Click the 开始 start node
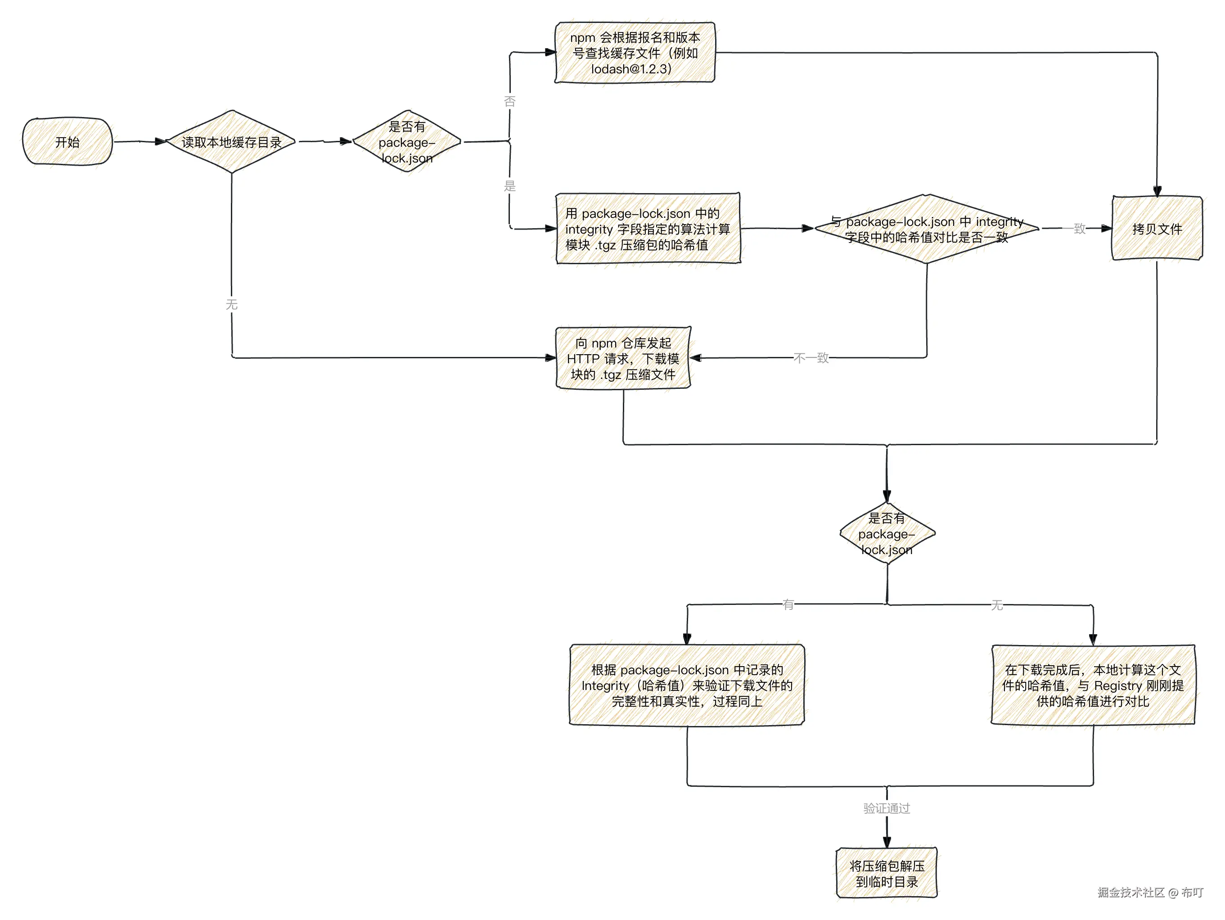(x=67, y=142)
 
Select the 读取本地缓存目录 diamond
(x=231, y=142)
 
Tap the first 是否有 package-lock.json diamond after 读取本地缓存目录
(x=407, y=142)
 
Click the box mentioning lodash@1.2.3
(x=635, y=53)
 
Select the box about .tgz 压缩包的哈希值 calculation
(x=648, y=229)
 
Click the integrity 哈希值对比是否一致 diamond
(x=927, y=229)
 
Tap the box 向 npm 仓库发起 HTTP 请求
(x=623, y=358)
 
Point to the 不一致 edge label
(x=811, y=358)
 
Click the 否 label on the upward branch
(x=509, y=101)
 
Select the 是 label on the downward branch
(x=509, y=186)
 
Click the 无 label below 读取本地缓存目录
(x=231, y=305)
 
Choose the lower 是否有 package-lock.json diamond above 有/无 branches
(x=887, y=533)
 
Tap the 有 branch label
(x=788, y=605)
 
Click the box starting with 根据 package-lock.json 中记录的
(x=687, y=685)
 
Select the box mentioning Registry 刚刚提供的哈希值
(x=1093, y=685)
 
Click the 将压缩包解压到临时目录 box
(x=887, y=874)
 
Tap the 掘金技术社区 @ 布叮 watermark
(x=1150, y=892)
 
